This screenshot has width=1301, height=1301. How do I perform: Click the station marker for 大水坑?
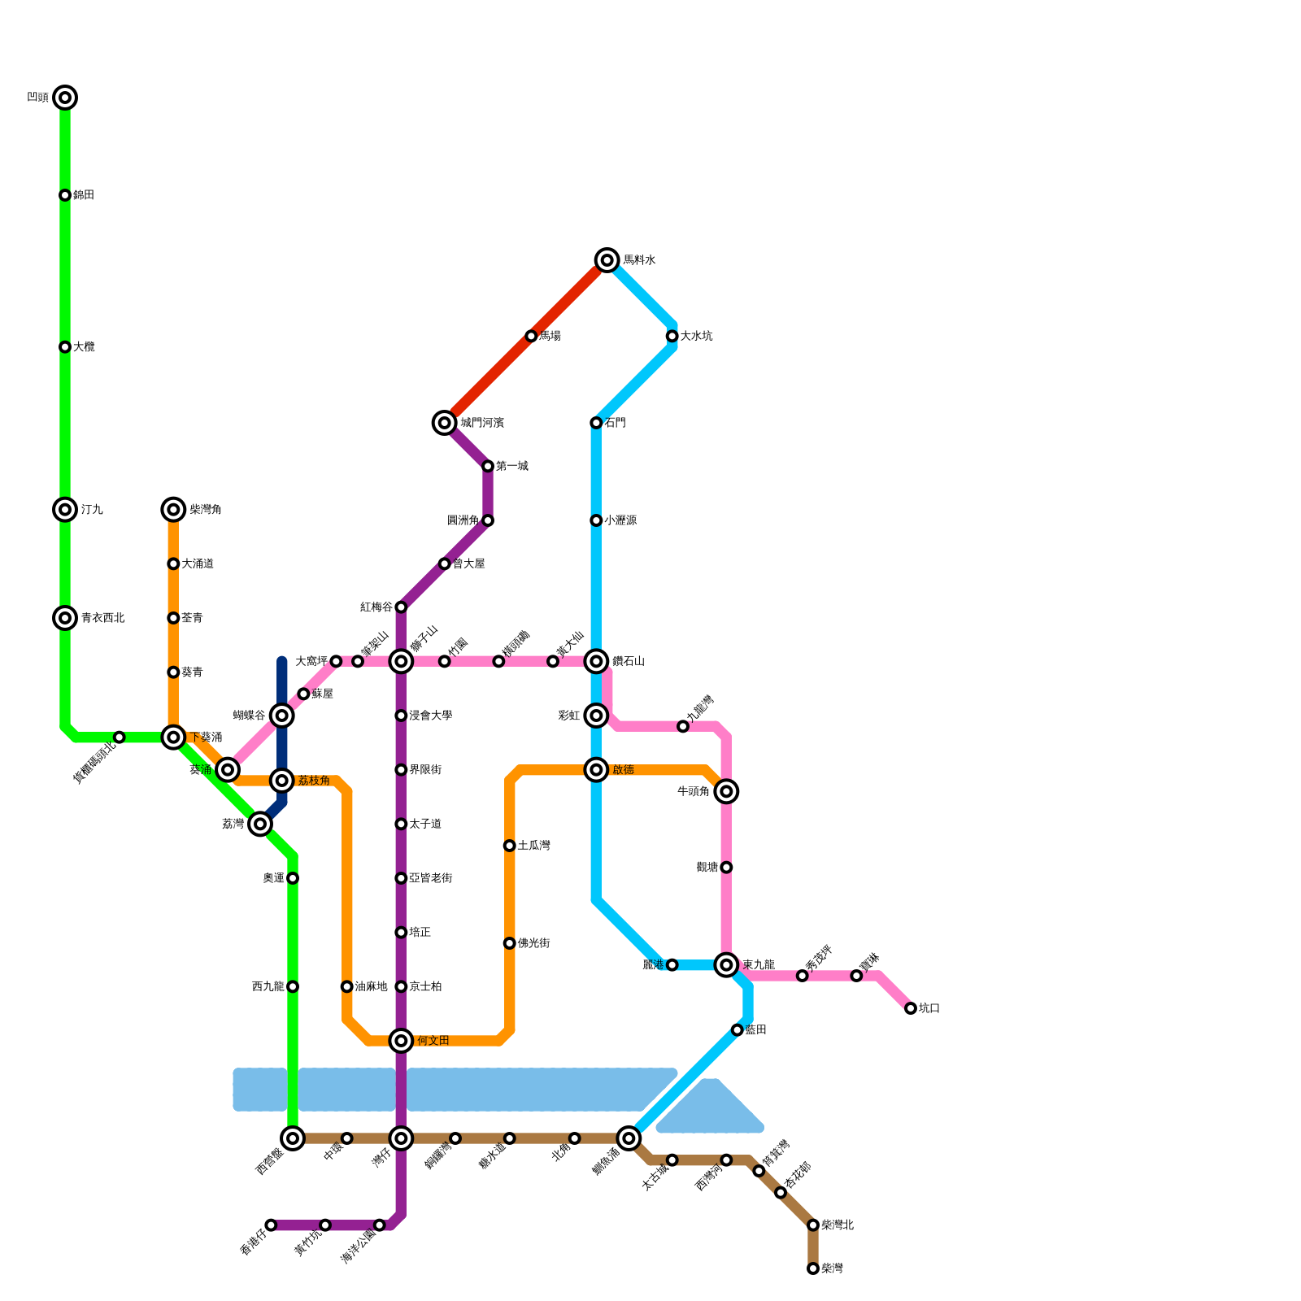(x=672, y=336)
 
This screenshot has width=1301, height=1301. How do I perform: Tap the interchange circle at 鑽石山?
(x=596, y=661)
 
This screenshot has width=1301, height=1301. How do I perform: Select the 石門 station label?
(x=616, y=423)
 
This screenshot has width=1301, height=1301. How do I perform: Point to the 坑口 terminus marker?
(x=911, y=1008)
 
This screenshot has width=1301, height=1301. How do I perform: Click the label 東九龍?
(x=758, y=965)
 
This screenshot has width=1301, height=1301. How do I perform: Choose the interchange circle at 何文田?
(x=401, y=1041)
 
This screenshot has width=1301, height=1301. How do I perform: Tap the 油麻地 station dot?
(x=347, y=986)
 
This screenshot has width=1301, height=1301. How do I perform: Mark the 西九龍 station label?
(x=268, y=986)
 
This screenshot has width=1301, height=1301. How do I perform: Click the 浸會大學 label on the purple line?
(x=430, y=716)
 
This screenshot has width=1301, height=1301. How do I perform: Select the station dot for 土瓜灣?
(x=509, y=846)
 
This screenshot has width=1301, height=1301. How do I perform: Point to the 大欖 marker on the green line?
(x=65, y=347)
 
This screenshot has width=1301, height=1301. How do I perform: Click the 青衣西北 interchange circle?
(x=65, y=618)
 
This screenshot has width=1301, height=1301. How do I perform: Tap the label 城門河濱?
(x=481, y=423)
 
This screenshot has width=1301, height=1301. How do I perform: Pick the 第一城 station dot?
(x=488, y=466)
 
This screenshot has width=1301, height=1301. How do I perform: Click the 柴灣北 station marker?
(x=813, y=1225)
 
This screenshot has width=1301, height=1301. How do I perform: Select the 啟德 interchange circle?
(x=596, y=770)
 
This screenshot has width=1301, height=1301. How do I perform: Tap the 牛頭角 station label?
(x=693, y=791)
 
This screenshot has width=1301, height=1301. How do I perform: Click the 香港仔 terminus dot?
(x=271, y=1225)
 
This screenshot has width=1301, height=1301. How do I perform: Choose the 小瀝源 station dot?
(x=596, y=520)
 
